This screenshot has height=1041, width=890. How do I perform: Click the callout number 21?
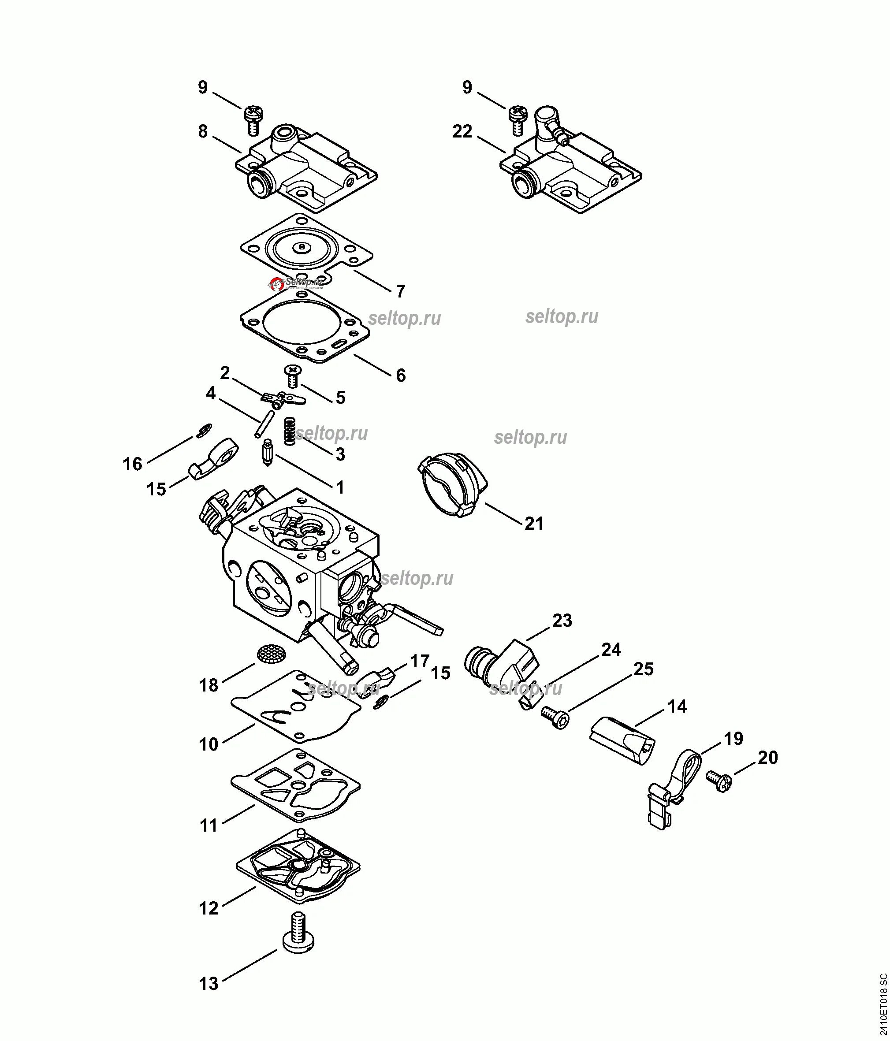click(x=534, y=524)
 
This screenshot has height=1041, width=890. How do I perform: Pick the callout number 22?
click(x=462, y=132)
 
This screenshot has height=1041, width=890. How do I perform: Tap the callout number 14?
click(x=677, y=706)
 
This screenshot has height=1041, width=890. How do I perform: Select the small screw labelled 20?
click(x=719, y=781)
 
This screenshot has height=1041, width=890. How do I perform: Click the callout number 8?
click(x=202, y=132)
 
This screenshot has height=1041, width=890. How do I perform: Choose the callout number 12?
click(x=209, y=908)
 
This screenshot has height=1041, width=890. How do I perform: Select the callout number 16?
click(x=133, y=464)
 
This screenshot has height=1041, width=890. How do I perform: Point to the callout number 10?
click(x=209, y=744)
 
